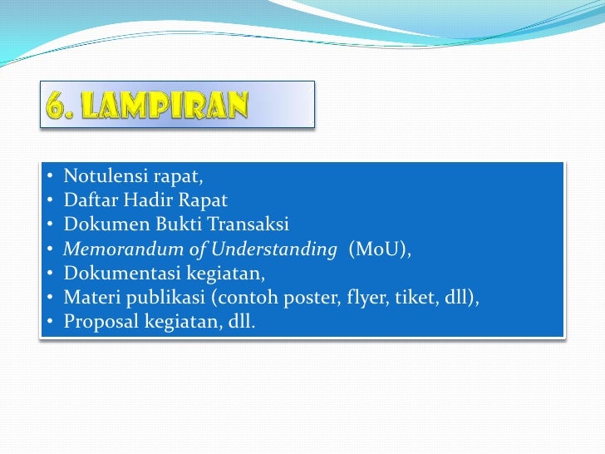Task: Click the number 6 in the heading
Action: click(x=56, y=106)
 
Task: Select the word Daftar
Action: click(x=88, y=200)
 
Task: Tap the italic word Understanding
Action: click(x=278, y=248)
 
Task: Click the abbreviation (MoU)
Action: click(x=380, y=248)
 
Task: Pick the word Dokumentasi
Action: click(x=116, y=272)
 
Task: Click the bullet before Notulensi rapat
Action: click(x=50, y=176)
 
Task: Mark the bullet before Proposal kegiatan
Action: click(x=50, y=321)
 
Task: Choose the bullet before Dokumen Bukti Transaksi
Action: click(x=50, y=225)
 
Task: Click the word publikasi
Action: click(x=155, y=296)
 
